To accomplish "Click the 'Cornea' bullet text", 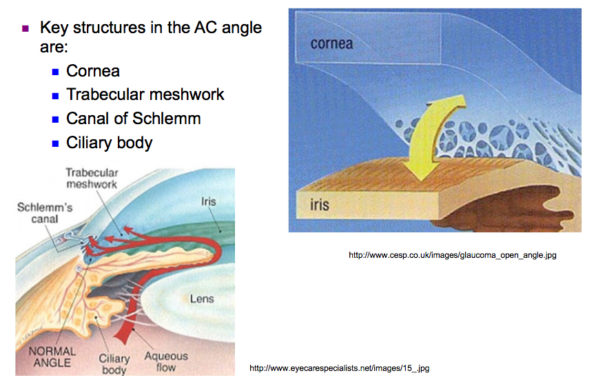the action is tap(92, 71).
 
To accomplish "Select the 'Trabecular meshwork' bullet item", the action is tap(145, 94).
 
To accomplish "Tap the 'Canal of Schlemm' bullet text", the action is tap(133, 119).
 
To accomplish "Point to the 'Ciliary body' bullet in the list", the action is tap(109, 143).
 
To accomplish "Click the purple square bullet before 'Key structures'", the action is tap(26, 29).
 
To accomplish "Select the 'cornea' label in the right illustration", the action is tap(331, 44).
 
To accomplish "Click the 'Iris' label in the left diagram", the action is tap(208, 202).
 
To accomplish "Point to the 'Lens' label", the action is tap(202, 299).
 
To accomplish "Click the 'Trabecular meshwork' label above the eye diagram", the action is tap(92, 179).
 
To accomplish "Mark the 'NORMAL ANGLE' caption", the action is tap(52, 356).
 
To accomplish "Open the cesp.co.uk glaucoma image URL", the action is tap(452, 255).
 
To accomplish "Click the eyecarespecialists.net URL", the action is tap(339, 368).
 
